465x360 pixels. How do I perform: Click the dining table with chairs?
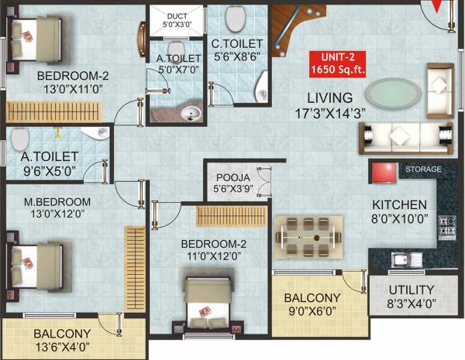[309, 232]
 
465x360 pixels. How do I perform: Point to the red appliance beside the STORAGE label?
[382, 172]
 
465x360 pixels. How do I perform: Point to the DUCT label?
[177, 15]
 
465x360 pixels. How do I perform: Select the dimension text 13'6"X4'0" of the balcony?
[62, 346]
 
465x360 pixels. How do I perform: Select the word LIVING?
[329, 98]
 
